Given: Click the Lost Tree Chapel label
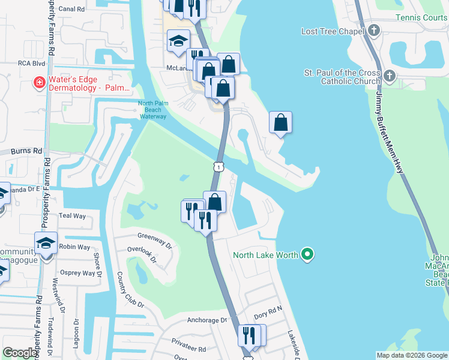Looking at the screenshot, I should click(x=333, y=31).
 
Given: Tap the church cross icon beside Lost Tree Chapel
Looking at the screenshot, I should click(x=374, y=30).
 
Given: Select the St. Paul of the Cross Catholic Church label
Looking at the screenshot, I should click(x=342, y=77).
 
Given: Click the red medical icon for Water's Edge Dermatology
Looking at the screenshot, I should click(x=39, y=82).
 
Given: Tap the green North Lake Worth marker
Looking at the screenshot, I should click(x=307, y=255).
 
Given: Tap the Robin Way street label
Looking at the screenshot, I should click(x=74, y=247).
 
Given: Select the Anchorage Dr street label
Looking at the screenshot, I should click(x=207, y=320).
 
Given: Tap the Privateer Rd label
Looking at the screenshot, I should click(x=189, y=349).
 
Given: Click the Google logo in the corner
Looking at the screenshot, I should click(x=20, y=353).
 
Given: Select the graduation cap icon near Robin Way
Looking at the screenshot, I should click(x=45, y=244).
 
